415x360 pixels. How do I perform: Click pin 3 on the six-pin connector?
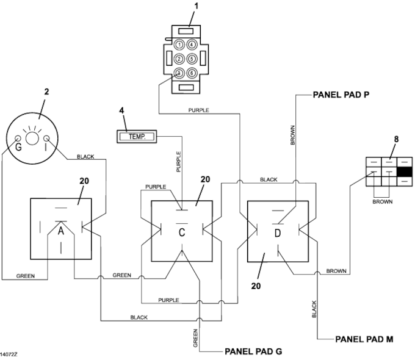click(179, 73)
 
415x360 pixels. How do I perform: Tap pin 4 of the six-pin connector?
click(192, 45)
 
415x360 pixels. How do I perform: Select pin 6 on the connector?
click(192, 73)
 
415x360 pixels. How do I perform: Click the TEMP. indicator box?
click(137, 137)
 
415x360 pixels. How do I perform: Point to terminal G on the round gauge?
click(18, 139)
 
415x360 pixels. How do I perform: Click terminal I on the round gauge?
click(46, 139)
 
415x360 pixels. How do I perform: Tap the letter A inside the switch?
click(61, 231)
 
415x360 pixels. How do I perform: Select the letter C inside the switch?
click(182, 232)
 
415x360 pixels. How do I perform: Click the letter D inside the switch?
click(277, 233)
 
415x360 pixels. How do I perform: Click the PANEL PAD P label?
click(341, 95)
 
